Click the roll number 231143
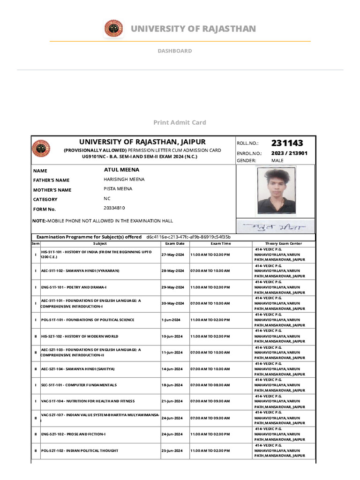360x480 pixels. click(x=287, y=143)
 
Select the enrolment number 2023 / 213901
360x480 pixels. click(x=289, y=153)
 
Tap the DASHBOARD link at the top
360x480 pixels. click(x=174, y=51)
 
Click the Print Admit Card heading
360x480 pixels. click(x=180, y=122)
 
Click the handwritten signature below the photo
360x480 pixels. click(x=275, y=227)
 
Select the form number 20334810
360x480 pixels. click(x=114, y=208)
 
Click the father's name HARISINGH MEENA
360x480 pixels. click(x=124, y=180)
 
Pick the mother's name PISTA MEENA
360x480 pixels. click(x=118, y=189)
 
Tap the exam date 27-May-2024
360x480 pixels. click(x=173, y=255)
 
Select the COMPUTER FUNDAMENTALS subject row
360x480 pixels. click(x=79, y=385)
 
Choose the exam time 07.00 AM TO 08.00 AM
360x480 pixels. click(x=210, y=385)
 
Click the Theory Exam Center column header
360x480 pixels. click(x=284, y=244)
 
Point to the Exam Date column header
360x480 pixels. click(x=174, y=244)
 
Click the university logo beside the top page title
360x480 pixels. click(x=113, y=29)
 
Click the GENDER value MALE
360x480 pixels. click(x=277, y=161)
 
